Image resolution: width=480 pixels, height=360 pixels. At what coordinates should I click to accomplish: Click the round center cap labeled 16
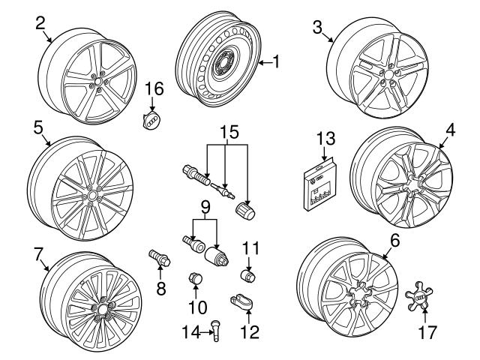click(152, 121)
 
